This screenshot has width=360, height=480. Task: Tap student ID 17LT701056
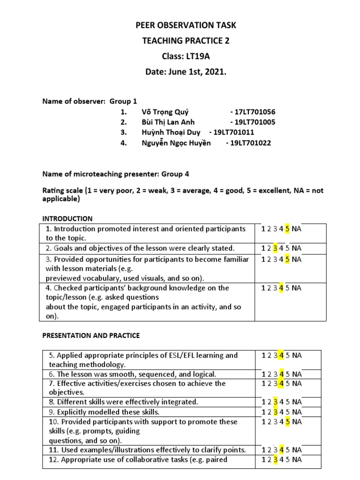click(253, 112)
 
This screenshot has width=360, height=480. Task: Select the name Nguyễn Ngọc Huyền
click(176, 143)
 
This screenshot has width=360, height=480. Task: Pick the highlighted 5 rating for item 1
click(287, 229)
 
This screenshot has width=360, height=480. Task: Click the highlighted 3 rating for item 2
click(275, 248)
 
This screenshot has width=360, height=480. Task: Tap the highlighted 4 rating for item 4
click(281, 288)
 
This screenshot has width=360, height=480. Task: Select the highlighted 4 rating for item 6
click(281, 374)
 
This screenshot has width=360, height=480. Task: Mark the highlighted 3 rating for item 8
click(275, 402)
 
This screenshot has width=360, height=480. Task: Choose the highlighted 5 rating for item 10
click(287, 422)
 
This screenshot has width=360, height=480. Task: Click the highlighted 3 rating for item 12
click(275, 459)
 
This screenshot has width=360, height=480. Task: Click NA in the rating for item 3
click(296, 259)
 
